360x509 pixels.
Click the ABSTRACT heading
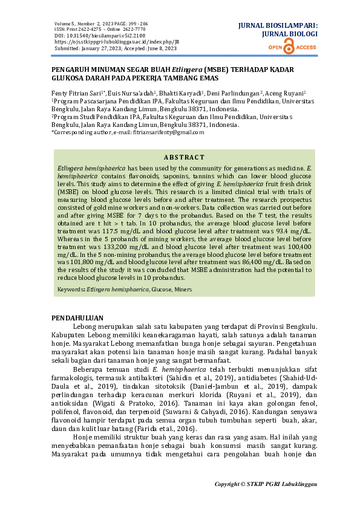click(x=185, y=157)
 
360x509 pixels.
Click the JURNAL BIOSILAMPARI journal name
click(x=277, y=27)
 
